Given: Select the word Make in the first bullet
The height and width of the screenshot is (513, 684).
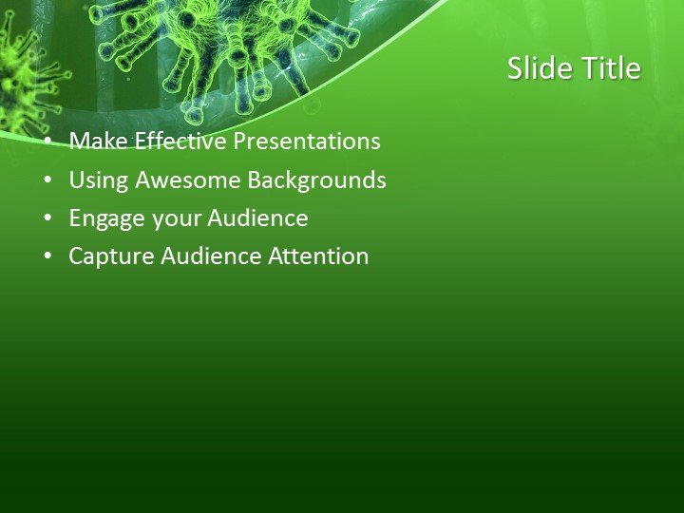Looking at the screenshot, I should click(x=99, y=142).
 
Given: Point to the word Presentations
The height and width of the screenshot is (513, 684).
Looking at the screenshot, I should click(x=307, y=142).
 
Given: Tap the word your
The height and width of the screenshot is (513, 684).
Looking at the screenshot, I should click(x=174, y=219).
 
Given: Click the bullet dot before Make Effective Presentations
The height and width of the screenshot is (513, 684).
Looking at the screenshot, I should click(x=48, y=142).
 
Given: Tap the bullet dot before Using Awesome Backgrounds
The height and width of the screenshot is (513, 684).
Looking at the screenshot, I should click(x=48, y=180).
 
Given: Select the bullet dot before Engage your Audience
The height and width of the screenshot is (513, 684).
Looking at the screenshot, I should click(x=48, y=218).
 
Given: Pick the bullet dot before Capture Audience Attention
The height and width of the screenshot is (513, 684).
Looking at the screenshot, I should click(x=48, y=256).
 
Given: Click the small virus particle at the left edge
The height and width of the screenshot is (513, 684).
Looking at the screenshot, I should click(x=21, y=81).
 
